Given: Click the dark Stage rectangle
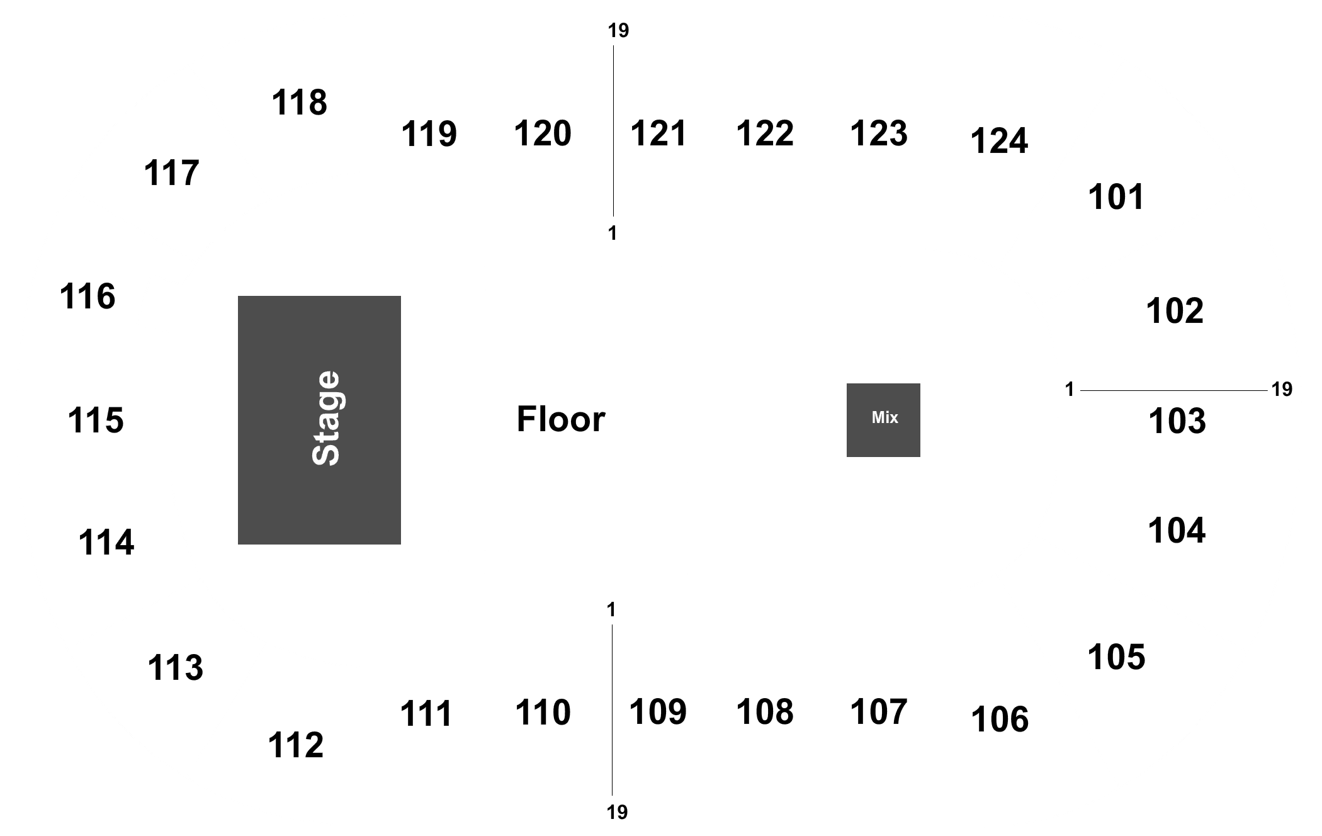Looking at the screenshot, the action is (319, 420).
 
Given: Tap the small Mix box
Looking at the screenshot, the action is (883, 420).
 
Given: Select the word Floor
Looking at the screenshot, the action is (561, 419).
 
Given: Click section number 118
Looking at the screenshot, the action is (299, 102).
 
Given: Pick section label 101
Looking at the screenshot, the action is (1116, 197).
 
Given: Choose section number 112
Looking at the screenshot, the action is (296, 745).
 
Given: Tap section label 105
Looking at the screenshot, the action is (1116, 657).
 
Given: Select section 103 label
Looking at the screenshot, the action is (1177, 421).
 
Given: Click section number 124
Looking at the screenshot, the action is (999, 141).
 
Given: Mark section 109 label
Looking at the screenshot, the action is (658, 712).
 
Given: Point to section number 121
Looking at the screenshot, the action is (658, 133).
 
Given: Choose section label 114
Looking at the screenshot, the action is (106, 543).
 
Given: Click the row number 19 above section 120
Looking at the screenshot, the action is (618, 31).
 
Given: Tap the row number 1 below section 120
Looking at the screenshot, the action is (612, 234).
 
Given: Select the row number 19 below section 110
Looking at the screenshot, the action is (618, 813).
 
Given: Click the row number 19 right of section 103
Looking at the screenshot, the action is (1282, 390).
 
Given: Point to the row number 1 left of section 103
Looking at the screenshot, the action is (1069, 390).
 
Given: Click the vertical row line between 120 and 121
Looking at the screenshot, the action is (613, 131).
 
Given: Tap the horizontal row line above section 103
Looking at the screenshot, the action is (1174, 390).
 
